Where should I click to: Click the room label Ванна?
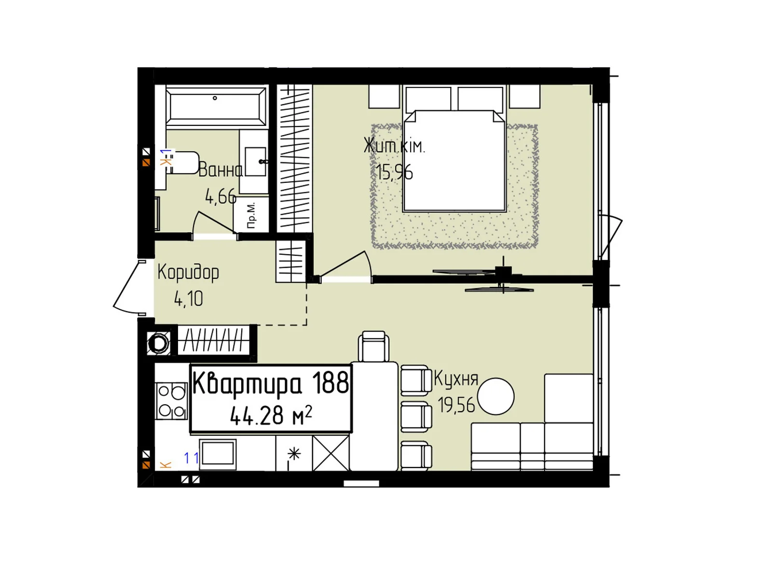221,170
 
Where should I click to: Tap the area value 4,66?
221,197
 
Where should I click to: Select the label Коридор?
188,273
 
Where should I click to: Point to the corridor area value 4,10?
189,299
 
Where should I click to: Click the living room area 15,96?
394,172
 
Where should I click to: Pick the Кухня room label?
456,379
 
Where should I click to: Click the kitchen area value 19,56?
456,405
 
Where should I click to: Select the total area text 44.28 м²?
271,415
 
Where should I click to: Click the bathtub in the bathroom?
216,107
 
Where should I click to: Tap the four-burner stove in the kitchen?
172,401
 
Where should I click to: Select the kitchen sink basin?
217,454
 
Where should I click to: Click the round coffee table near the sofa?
495,396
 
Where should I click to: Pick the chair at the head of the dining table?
373,346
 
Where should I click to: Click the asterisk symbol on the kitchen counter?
294,454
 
